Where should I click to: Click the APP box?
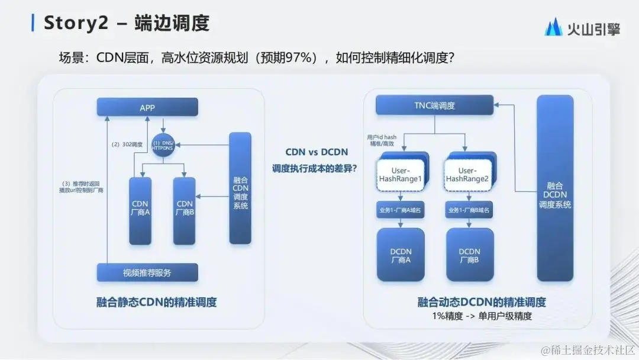click(147, 107)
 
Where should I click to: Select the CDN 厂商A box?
click(140, 210)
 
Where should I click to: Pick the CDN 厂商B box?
click(185, 210)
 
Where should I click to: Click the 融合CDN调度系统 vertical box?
click(240, 188)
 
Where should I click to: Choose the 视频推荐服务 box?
click(147, 272)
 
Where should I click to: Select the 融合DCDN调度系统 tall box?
click(555, 188)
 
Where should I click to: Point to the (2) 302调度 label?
click(126, 144)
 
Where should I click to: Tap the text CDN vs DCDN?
click(317, 152)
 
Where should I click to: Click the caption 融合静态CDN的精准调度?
click(157, 302)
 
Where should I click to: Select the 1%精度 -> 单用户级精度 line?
click(482, 316)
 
